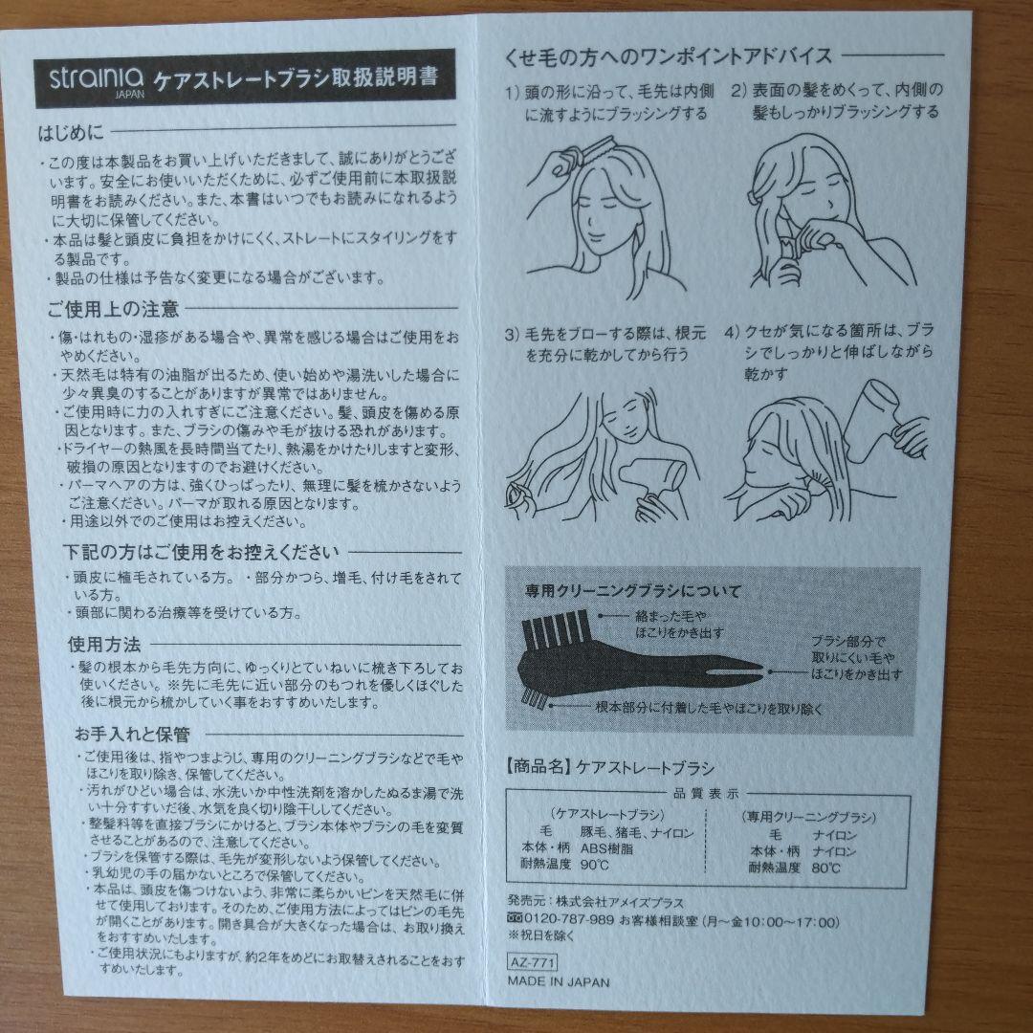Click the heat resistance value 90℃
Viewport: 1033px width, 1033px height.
[593, 865]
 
